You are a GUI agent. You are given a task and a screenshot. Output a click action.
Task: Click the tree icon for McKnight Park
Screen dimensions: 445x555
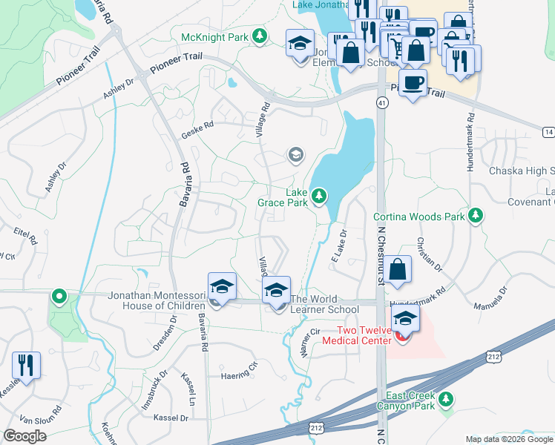click(258, 36)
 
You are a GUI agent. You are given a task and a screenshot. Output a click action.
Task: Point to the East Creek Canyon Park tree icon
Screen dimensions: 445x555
click(446, 399)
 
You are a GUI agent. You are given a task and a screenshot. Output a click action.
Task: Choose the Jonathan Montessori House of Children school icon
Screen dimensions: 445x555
click(222, 286)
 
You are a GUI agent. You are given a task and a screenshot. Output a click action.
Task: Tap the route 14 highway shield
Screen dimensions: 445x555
click(548, 131)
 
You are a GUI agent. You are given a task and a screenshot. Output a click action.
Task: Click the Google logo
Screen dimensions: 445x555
click(24, 435)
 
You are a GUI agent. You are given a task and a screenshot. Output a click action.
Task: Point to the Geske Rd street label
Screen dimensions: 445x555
click(197, 131)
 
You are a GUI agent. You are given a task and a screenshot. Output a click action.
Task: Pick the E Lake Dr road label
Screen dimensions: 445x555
click(338, 245)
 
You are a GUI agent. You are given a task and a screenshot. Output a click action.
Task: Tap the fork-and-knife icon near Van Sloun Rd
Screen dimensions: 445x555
click(26, 366)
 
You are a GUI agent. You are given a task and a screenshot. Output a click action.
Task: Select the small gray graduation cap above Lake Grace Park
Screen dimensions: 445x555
click(295, 155)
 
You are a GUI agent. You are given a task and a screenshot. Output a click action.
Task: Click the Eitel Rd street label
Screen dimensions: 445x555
click(25, 235)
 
